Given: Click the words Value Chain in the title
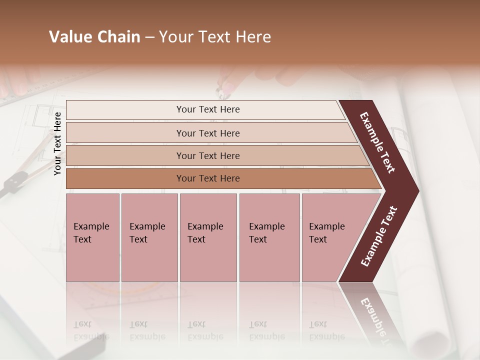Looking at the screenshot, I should [x=94, y=37].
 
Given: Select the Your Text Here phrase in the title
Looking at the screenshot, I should [x=215, y=37].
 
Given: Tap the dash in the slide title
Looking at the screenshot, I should [x=149, y=37].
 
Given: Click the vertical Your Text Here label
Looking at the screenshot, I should [x=57, y=143].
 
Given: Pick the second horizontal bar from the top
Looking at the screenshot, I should [x=207, y=133].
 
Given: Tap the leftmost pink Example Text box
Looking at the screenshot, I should [x=92, y=237].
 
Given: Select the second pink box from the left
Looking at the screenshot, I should [x=149, y=237].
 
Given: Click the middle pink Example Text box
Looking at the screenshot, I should [x=208, y=237].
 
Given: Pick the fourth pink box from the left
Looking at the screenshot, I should [x=269, y=237].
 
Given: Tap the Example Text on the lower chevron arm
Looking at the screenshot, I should [x=379, y=236].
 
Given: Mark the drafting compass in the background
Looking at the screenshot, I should [x=15, y=180].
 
